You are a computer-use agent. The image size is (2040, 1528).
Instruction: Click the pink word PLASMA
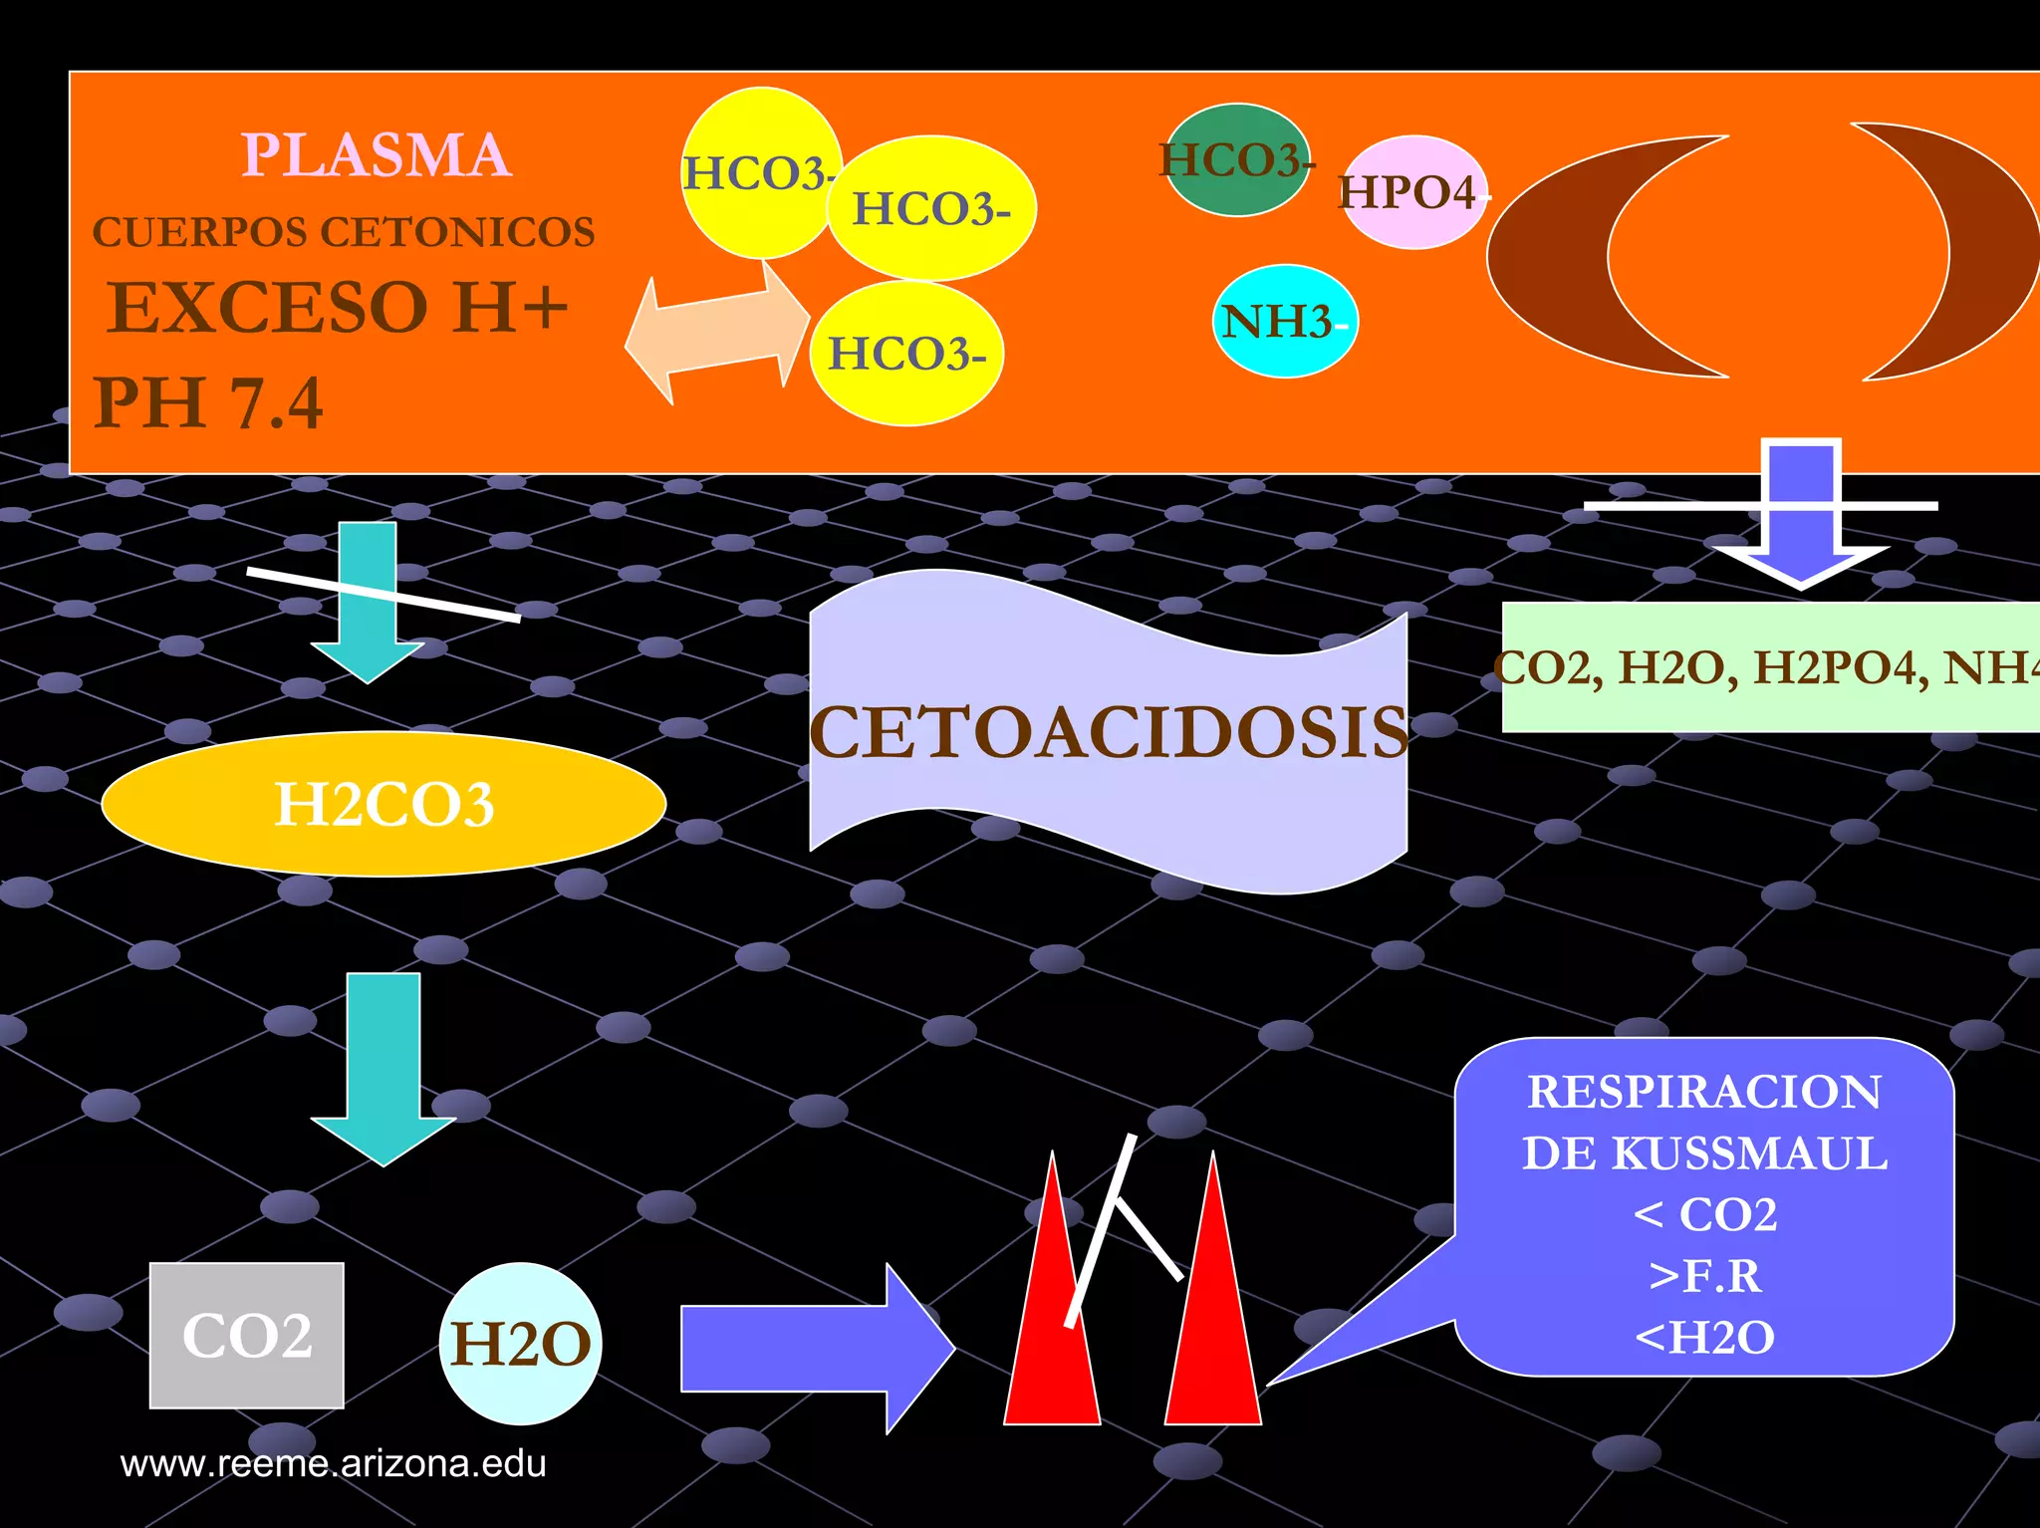pyautogui.click(x=377, y=156)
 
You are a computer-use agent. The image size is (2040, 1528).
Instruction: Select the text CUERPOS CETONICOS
pyautogui.click(x=344, y=232)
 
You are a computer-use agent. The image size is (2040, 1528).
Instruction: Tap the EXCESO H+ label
pyautogui.click(x=338, y=307)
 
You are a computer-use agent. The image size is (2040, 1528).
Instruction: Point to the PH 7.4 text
pyautogui.click(x=208, y=403)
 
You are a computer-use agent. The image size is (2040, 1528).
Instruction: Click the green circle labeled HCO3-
pyautogui.click(x=1236, y=160)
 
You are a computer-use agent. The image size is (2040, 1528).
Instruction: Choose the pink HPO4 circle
pyautogui.click(x=1412, y=192)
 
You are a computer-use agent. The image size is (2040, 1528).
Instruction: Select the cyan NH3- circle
pyautogui.click(x=1284, y=322)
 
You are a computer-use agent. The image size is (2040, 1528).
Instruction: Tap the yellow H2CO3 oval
pyautogui.click(x=383, y=804)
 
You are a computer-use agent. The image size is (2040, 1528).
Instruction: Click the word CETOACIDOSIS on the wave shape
pyautogui.click(x=1108, y=733)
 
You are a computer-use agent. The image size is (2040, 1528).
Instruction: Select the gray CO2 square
pyautogui.click(x=247, y=1336)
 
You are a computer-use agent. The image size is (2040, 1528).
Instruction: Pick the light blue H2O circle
pyautogui.click(x=520, y=1344)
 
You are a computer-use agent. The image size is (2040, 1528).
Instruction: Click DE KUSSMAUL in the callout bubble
pyautogui.click(x=1704, y=1153)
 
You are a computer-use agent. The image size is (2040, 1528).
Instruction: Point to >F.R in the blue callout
pyautogui.click(x=1704, y=1276)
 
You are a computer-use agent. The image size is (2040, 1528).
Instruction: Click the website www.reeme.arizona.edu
pyautogui.click(x=333, y=1463)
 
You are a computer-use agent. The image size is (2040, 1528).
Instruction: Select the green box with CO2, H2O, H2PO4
pyautogui.click(x=1769, y=667)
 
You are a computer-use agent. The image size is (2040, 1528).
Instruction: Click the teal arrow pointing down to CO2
pyautogui.click(x=383, y=1066)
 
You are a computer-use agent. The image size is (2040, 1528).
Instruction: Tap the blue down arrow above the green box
pyautogui.click(x=1801, y=518)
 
